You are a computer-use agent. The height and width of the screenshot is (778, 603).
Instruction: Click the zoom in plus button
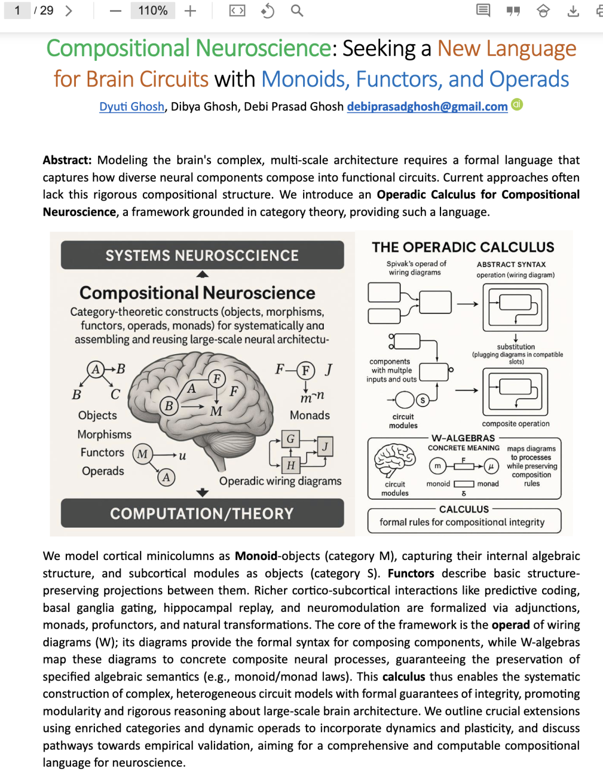190,11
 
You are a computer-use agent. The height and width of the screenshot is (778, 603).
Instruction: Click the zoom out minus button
116,11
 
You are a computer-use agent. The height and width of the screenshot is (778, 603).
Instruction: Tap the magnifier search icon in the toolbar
297,11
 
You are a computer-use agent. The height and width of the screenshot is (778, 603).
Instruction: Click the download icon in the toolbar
573,11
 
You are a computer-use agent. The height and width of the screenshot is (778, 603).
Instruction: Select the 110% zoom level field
152,11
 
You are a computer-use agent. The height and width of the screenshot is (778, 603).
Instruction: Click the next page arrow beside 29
69,11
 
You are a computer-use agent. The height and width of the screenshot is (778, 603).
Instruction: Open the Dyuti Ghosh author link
132,107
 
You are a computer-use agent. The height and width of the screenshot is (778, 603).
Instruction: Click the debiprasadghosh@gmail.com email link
427,107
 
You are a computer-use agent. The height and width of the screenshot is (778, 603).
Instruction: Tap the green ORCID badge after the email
518,104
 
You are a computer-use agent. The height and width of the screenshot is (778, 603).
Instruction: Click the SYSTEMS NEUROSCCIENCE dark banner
202,255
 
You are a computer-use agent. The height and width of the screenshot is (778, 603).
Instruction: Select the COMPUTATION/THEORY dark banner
202,513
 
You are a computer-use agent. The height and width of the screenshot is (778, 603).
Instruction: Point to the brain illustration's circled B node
169,406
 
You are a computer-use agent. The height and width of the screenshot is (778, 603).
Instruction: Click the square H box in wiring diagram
290,465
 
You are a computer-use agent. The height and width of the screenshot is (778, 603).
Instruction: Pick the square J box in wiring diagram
325,446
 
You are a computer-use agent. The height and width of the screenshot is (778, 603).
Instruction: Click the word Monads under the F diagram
310,415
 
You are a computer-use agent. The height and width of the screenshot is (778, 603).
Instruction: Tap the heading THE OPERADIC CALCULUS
463,247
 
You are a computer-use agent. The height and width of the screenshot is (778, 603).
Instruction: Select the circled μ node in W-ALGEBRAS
491,466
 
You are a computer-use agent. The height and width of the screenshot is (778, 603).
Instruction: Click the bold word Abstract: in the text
67,160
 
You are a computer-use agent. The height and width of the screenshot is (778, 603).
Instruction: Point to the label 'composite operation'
515,424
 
